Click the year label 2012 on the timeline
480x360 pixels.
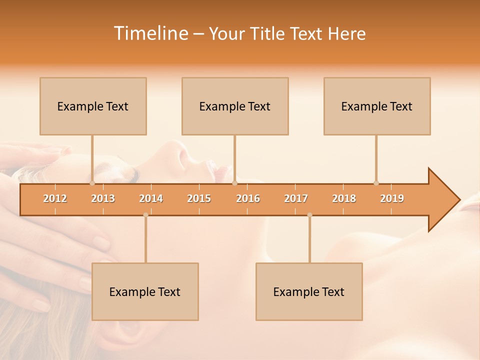click(55, 198)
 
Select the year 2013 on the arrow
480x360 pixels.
click(103, 198)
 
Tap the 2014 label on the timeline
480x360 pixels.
click(151, 198)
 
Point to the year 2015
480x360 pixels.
click(199, 198)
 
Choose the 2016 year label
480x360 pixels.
click(248, 198)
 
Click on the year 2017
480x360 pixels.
click(296, 198)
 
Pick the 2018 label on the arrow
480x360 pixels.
click(344, 198)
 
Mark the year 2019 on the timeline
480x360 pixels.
click(392, 198)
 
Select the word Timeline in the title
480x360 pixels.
click(150, 33)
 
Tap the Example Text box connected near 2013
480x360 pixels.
click(93, 106)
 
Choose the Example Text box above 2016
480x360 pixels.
click(235, 106)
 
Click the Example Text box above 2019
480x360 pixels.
click(377, 106)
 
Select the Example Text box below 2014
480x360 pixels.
click(145, 291)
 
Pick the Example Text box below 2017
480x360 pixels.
click(309, 291)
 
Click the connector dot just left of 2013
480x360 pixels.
click(92, 183)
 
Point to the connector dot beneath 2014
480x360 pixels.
click(145, 215)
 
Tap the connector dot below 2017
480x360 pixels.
click(309, 215)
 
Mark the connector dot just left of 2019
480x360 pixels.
click(376, 183)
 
